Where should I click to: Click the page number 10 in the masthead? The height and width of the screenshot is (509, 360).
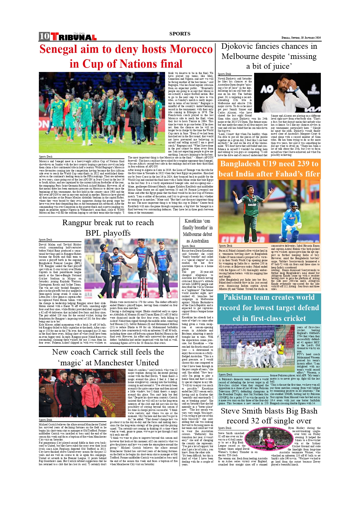44,36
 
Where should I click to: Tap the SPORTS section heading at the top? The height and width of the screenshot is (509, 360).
180,34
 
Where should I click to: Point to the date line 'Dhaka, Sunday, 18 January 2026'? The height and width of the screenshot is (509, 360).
301,38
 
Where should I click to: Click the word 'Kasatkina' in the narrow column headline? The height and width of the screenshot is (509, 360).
193,221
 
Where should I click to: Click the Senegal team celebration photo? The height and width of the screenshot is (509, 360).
102,113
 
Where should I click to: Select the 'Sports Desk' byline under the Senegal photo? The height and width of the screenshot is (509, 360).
46,157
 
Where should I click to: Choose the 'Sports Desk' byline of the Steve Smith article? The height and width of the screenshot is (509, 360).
225,428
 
